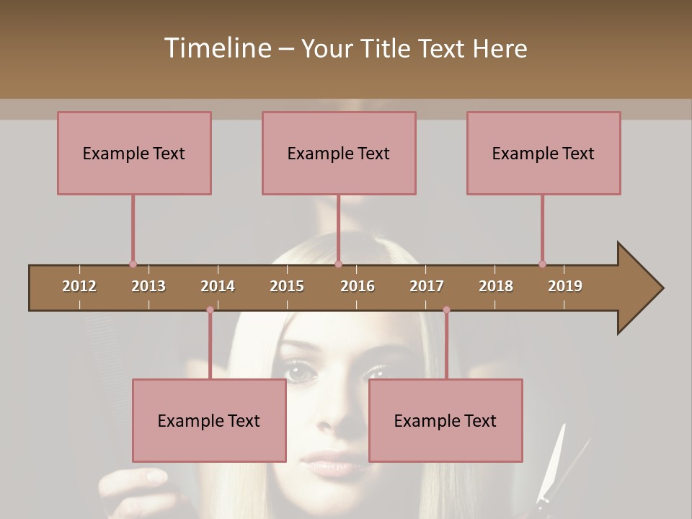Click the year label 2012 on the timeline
(x=79, y=286)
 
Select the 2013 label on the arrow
(x=148, y=286)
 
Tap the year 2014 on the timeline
(x=218, y=286)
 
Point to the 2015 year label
(x=287, y=286)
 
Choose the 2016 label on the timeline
(x=358, y=286)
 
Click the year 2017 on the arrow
(x=427, y=286)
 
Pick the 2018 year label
(x=496, y=286)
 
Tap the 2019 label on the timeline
(x=565, y=286)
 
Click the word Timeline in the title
(x=217, y=48)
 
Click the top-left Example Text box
(x=134, y=153)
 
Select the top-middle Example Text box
(x=339, y=153)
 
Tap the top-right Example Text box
(x=544, y=153)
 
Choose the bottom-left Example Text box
(x=209, y=420)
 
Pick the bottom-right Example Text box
(x=445, y=420)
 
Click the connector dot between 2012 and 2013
(x=133, y=265)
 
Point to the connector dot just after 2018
(x=542, y=265)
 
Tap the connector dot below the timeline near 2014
(x=210, y=310)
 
